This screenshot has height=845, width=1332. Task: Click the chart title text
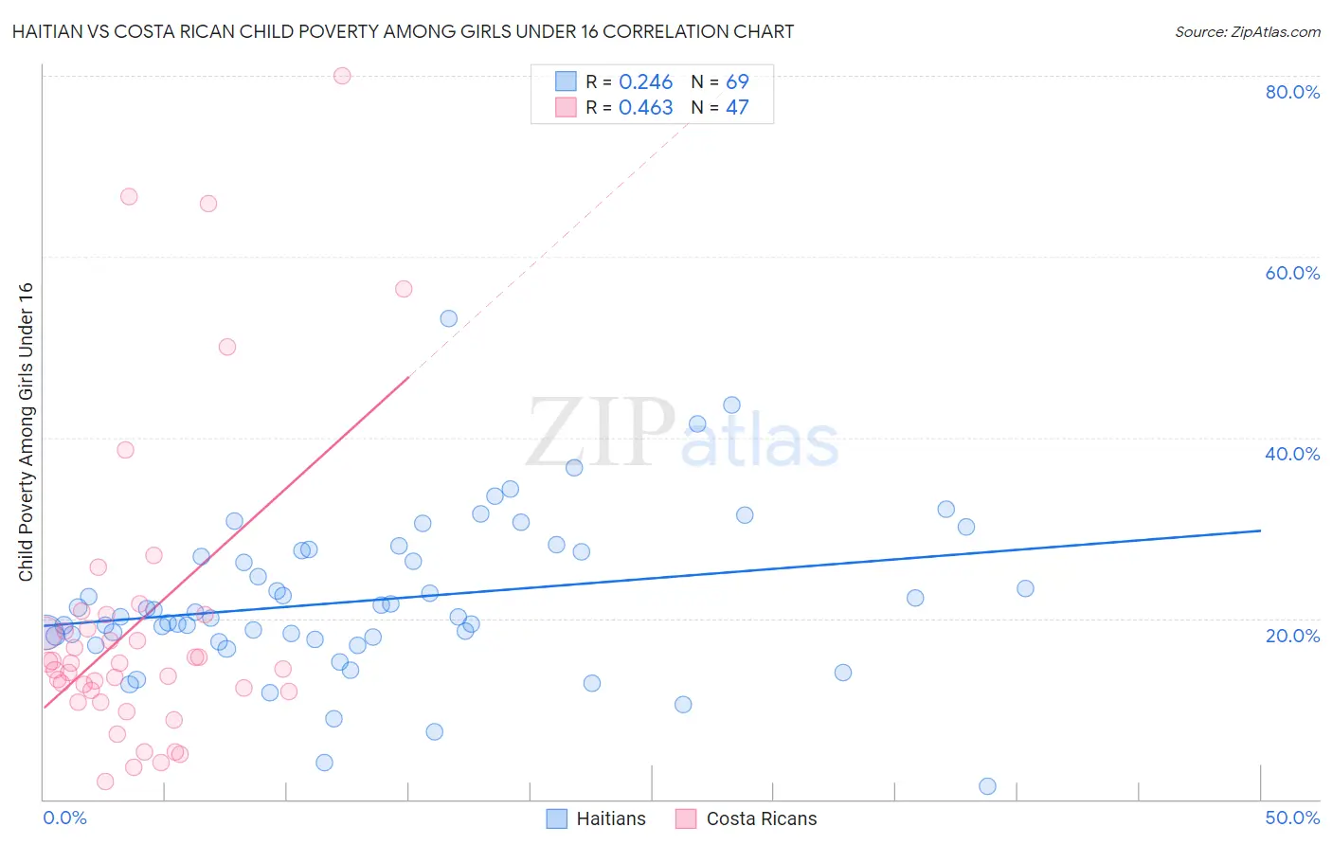pyautogui.click(x=403, y=31)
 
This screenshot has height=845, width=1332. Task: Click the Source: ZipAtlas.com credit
pyautogui.click(x=1247, y=31)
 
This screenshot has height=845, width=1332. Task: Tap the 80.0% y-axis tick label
pyautogui.click(x=1292, y=92)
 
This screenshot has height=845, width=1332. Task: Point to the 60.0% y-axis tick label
pyautogui.click(x=1292, y=273)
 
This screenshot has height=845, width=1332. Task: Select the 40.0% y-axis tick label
pyautogui.click(x=1292, y=454)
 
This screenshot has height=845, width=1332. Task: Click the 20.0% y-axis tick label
pyautogui.click(x=1292, y=636)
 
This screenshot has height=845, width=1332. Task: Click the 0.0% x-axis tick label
pyautogui.click(x=64, y=818)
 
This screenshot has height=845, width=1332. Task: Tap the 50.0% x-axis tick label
pyautogui.click(x=1292, y=818)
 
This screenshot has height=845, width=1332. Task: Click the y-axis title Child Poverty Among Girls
pyautogui.click(x=26, y=432)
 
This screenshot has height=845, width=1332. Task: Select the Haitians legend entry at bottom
pyautogui.click(x=597, y=818)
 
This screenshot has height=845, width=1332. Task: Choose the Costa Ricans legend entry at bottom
pyautogui.click(x=747, y=818)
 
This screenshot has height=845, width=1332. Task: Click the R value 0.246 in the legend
pyautogui.click(x=645, y=82)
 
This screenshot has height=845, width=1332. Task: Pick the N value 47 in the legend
pyautogui.click(x=737, y=108)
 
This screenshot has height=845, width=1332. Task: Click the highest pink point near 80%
pyautogui.click(x=342, y=76)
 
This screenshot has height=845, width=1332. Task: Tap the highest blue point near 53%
pyautogui.click(x=449, y=318)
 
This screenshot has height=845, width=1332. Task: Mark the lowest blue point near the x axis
pyautogui.click(x=987, y=786)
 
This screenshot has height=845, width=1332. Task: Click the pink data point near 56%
pyautogui.click(x=404, y=289)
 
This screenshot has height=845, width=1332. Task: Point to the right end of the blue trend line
pyautogui.click(x=1260, y=530)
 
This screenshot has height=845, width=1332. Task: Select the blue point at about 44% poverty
pyautogui.click(x=731, y=405)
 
